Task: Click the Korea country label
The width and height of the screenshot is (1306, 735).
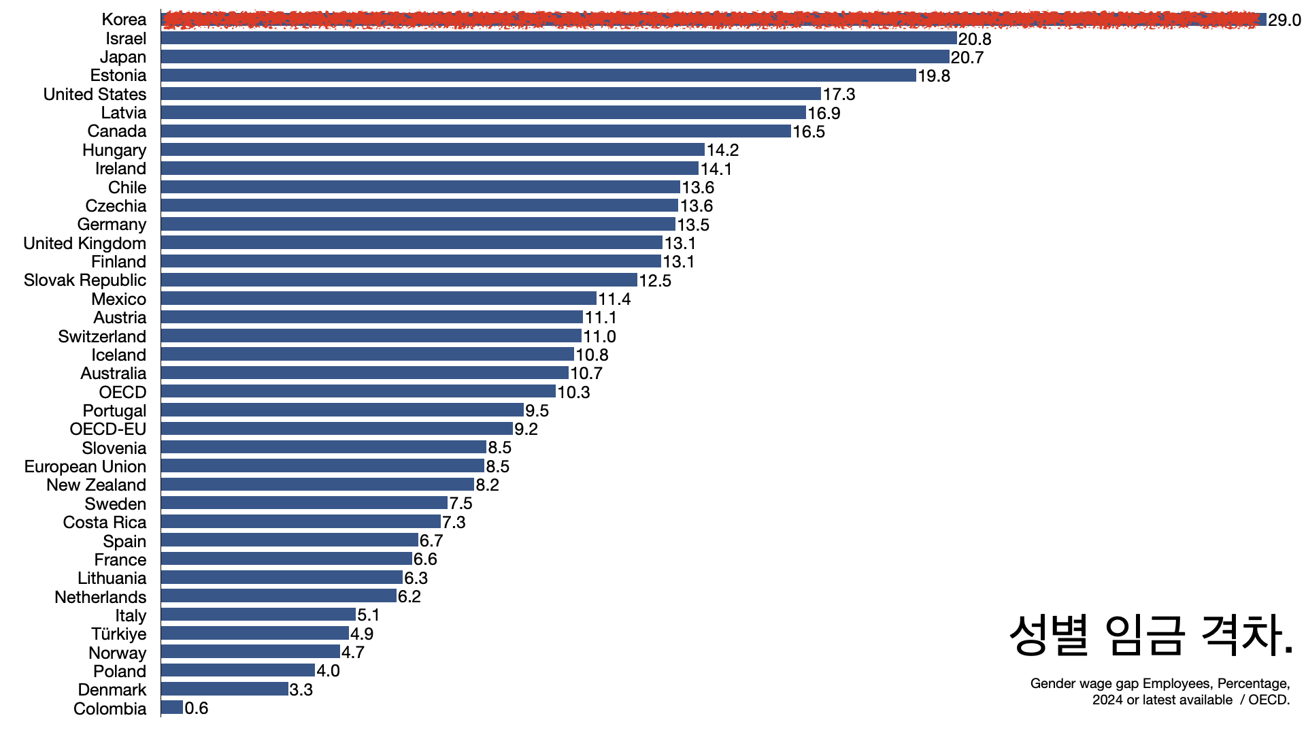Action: point(124,20)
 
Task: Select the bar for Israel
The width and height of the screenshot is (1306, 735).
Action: point(558,38)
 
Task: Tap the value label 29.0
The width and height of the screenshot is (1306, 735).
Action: point(1284,20)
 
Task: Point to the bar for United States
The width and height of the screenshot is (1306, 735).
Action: point(490,94)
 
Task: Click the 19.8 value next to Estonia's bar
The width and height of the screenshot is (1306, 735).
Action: point(934,76)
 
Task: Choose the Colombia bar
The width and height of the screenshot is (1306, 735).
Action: point(172,708)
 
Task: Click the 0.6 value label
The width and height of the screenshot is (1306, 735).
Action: point(197,708)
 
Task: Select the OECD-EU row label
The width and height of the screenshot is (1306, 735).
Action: point(107,429)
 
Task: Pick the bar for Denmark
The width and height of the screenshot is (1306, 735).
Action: point(224,689)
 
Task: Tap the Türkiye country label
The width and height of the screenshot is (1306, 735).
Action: point(118,634)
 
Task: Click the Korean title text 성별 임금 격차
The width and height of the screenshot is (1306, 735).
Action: point(1150,635)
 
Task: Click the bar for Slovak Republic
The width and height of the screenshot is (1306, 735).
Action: point(399,280)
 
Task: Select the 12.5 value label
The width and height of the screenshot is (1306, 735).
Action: point(655,280)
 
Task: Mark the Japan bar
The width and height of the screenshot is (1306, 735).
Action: point(554,56)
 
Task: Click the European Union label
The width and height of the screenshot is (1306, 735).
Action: point(85,467)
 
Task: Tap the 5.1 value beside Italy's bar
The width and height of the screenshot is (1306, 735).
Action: point(369,615)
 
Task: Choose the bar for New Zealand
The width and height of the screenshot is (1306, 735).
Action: point(317,485)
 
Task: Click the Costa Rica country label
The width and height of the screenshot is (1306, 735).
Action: point(104,523)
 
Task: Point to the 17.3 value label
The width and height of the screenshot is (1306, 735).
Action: point(839,95)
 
